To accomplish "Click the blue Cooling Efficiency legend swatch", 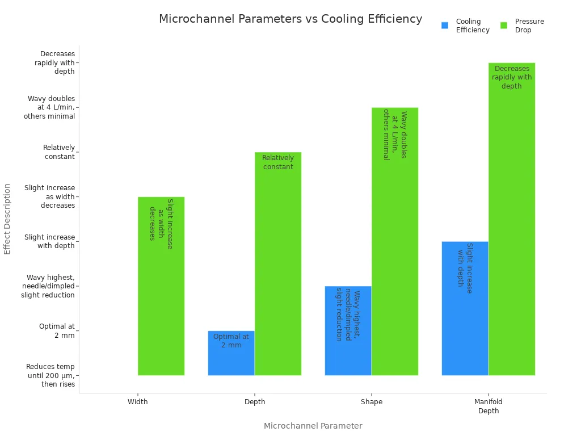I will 445,26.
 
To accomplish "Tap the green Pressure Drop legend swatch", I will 504,26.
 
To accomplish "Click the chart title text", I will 290,19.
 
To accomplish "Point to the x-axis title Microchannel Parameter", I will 313,426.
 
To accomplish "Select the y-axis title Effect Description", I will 7,219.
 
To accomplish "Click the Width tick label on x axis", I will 138,402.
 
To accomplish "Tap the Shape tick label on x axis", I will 372,402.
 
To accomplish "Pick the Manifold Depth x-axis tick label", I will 489,406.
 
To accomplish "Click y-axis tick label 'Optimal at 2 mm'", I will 57,330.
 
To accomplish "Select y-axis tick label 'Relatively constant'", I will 59,152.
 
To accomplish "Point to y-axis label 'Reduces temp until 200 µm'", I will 50,375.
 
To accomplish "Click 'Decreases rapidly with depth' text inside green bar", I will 512,77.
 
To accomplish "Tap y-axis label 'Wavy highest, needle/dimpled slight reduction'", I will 48,286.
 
